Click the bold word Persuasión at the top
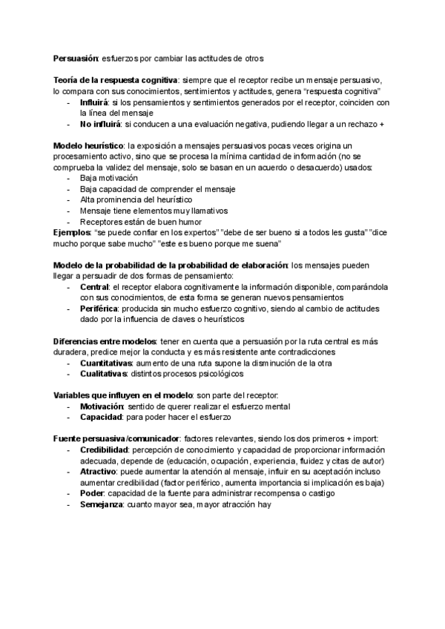coord(76,59)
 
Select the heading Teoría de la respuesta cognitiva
coord(116,80)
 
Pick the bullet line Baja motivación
coord(109,179)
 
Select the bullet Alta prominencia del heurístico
coord(136,200)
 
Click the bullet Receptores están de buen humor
coord(140,222)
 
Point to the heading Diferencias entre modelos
coord(105,340)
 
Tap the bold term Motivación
coord(102,406)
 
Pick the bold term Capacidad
coord(101,417)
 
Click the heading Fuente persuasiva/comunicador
coord(116,438)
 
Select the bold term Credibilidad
coord(105,449)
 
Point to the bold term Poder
coord(92,493)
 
